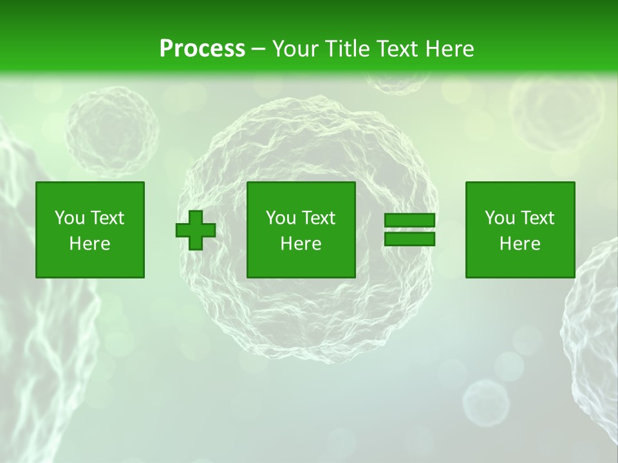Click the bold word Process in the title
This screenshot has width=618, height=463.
click(202, 49)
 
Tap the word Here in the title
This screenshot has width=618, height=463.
click(449, 49)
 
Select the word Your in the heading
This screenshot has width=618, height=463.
click(295, 49)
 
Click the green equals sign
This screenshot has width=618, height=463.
click(409, 230)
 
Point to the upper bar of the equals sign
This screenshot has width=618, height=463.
click(409, 221)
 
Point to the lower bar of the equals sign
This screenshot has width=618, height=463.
click(409, 239)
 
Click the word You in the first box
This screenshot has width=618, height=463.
click(70, 218)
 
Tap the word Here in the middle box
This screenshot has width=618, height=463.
click(301, 244)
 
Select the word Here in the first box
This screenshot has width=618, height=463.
click(90, 244)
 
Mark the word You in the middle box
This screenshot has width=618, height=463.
click(281, 218)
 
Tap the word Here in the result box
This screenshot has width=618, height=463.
click(520, 244)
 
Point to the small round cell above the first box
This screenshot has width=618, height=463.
click(112, 131)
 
